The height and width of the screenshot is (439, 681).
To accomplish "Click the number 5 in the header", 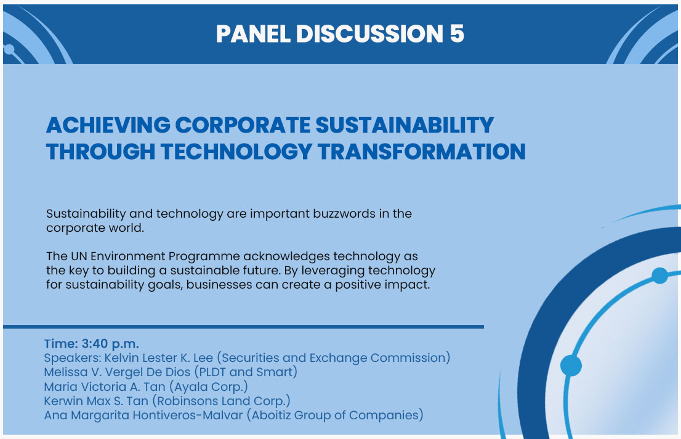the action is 457,34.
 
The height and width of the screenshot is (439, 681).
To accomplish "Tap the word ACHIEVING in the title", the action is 108,125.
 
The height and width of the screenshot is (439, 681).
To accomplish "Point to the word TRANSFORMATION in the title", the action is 422,152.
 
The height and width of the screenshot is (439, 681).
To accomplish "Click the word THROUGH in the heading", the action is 101,152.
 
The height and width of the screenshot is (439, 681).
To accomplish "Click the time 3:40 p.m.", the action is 110,343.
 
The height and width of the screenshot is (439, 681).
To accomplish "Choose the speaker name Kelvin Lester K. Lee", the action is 159,358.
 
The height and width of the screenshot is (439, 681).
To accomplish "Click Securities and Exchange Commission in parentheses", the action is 334,358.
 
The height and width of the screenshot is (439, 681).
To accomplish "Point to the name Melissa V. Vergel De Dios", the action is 117,372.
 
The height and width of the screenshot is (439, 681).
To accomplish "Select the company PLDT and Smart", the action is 246,372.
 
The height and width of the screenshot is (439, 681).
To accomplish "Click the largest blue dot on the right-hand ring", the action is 571,366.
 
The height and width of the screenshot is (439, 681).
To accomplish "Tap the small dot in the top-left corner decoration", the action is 9,49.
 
